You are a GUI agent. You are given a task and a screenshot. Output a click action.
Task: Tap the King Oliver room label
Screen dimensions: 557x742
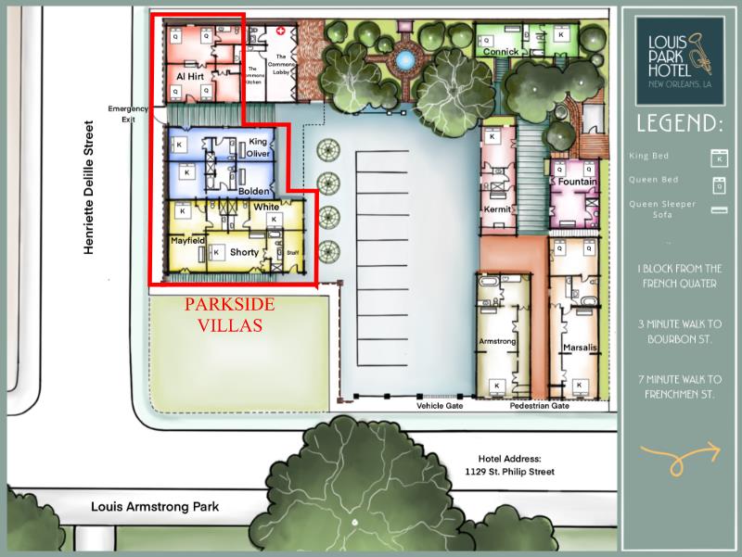pos(259,148)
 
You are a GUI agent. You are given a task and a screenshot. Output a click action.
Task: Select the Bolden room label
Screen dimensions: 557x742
pos(252,191)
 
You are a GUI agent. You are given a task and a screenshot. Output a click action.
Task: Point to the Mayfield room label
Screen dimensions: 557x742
pos(186,240)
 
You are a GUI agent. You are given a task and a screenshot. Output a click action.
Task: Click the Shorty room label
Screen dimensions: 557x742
pos(244,252)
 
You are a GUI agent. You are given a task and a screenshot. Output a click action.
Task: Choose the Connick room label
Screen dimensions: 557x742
pos(500,52)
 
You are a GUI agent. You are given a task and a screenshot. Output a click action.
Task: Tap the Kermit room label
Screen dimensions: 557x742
pos(498,209)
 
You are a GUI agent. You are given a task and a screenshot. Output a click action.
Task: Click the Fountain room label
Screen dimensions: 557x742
pos(577,182)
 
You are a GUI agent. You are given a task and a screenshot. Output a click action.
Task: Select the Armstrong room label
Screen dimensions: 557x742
pos(496,341)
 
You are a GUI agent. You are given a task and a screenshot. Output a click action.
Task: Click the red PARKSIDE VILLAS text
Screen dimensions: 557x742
pos(223,314)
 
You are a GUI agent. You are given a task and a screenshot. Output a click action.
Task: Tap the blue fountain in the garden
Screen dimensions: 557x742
pos(403,60)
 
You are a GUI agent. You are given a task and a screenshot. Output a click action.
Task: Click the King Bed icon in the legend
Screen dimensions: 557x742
pos(715,156)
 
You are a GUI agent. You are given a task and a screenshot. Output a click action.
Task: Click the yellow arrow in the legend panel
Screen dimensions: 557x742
pos(680,454)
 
